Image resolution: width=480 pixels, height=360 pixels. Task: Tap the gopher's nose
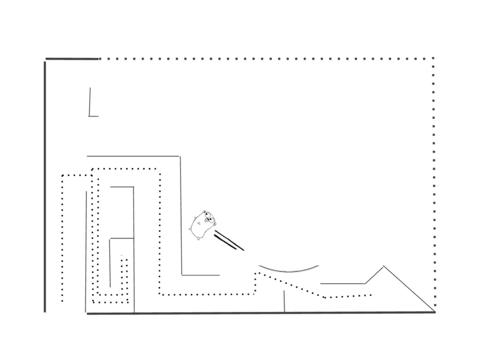[x=210, y=220]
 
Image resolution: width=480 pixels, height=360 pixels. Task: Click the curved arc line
[x=289, y=270]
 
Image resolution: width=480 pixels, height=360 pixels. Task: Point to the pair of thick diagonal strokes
[x=229, y=242]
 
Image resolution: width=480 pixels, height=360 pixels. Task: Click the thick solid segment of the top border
[x=72, y=59]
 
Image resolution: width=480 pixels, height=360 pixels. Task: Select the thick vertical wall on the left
[x=45, y=187]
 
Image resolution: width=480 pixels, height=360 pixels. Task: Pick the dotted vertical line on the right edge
[x=434, y=187]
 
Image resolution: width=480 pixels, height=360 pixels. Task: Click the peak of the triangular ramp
[x=383, y=266]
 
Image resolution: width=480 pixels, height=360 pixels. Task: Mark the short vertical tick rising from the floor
[x=284, y=301]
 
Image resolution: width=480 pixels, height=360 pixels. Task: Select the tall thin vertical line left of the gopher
[x=181, y=216]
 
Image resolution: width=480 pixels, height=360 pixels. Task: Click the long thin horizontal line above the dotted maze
[x=133, y=156]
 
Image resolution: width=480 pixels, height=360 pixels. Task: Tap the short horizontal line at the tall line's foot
[x=201, y=275]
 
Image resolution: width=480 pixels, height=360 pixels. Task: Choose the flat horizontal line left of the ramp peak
[x=343, y=283]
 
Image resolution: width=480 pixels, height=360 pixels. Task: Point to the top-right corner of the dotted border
[x=434, y=59]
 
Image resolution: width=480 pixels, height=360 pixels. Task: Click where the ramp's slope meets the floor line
[x=435, y=312]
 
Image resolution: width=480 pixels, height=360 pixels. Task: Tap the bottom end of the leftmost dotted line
[x=62, y=301]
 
